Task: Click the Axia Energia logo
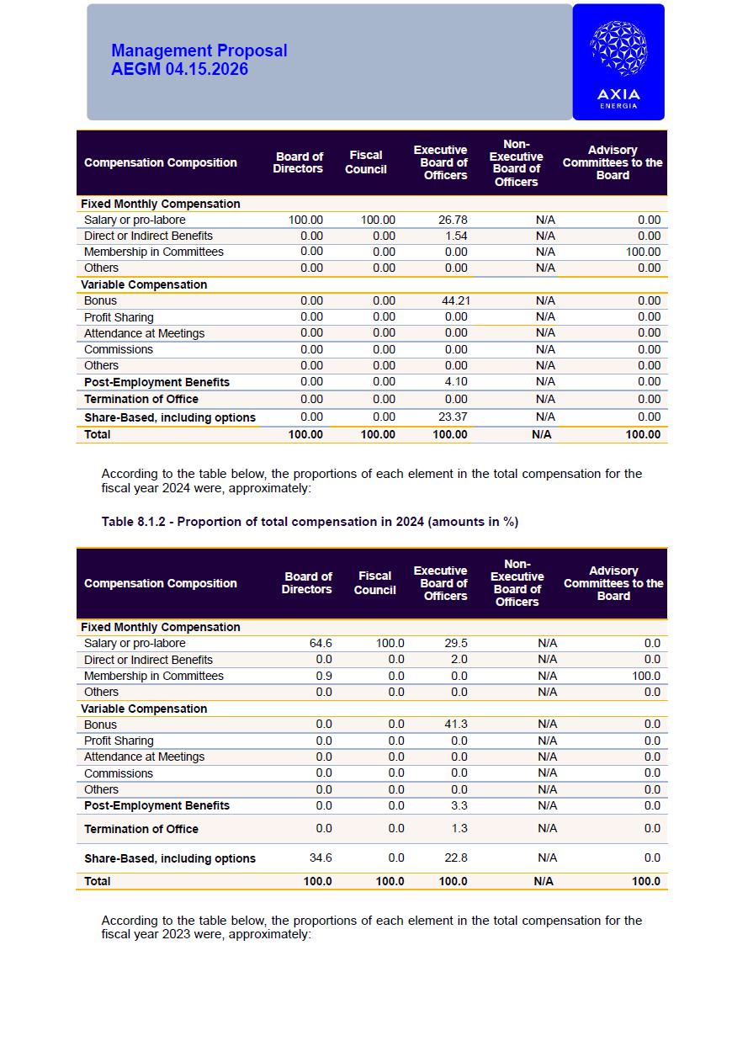[x=618, y=62]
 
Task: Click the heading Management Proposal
[x=199, y=50]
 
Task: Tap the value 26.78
[x=453, y=220]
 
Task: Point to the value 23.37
[x=453, y=417]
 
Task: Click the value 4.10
[x=455, y=381]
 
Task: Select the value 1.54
[x=455, y=236]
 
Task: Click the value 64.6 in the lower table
[x=321, y=643]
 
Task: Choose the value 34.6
[x=321, y=858]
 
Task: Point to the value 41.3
[x=456, y=724]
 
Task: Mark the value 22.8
[x=456, y=858]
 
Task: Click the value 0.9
[x=324, y=676]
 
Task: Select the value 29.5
[x=456, y=643]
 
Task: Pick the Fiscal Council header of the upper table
[x=366, y=162]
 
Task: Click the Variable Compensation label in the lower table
[x=144, y=709]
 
